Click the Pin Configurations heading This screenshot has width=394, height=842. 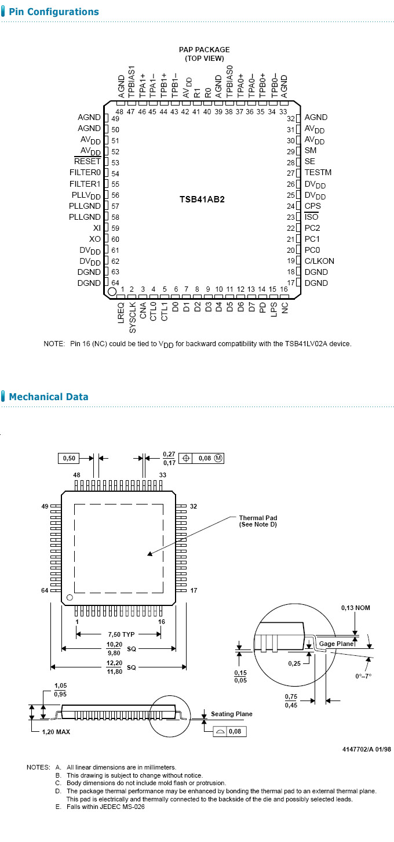[x=53, y=12]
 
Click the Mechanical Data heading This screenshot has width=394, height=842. [x=49, y=397]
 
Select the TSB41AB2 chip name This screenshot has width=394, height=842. [x=202, y=199]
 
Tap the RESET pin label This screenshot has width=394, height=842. [x=87, y=162]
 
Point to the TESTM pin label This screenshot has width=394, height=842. [x=318, y=172]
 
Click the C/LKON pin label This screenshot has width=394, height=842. [x=319, y=261]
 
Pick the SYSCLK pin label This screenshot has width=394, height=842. [x=133, y=317]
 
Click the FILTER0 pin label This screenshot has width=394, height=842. [x=85, y=173]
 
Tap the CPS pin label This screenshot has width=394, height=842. [x=313, y=206]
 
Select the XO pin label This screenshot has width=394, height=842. [x=95, y=239]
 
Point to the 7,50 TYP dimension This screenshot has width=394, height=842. [x=121, y=634]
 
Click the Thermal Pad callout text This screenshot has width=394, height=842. [x=258, y=521]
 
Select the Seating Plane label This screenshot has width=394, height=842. [x=231, y=714]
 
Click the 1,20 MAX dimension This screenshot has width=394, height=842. [x=56, y=732]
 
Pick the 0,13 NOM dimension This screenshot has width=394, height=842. [x=355, y=608]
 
